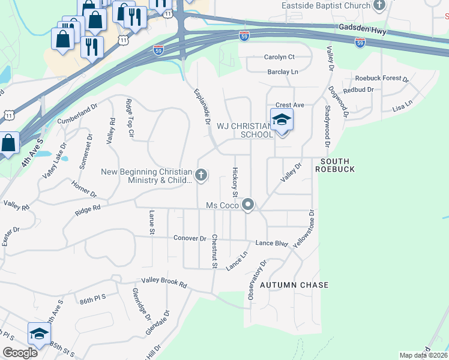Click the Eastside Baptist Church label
(x=326, y=6)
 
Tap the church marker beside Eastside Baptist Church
(x=379, y=6)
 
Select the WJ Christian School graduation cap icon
(x=282, y=121)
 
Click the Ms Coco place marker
(x=248, y=205)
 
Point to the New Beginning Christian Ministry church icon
(x=201, y=176)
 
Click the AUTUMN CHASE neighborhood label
(x=294, y=285)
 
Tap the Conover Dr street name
(x=190, y=238)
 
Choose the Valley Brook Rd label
(x=164, y=282)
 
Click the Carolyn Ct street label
(x=280, y=57)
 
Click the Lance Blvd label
(x=272, y=243)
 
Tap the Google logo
(x=20, y=353)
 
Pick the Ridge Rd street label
(x=88, y=212)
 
